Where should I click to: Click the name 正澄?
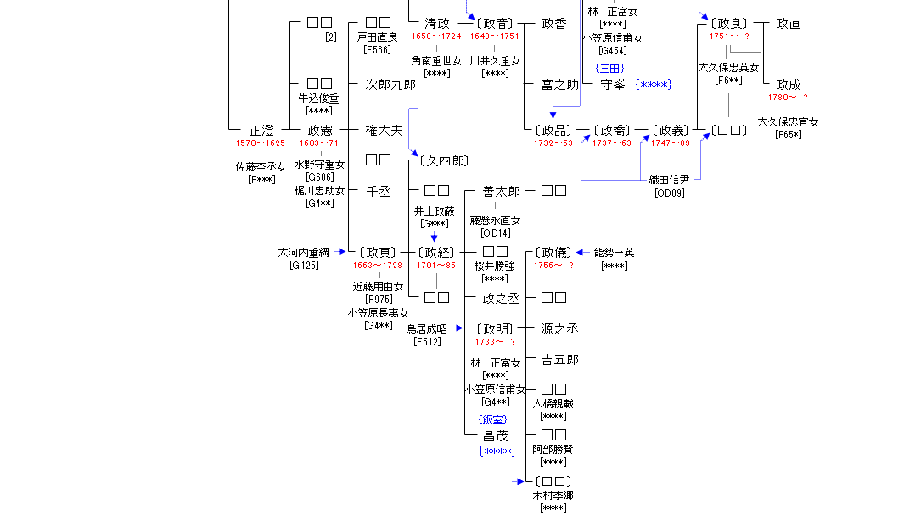[261, 131]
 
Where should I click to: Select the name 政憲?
[319, 131]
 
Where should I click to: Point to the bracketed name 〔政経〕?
[436, 252]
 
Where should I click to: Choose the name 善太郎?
[501, 192]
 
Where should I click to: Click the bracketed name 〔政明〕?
[494, 328]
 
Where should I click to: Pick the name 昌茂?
[496, 436]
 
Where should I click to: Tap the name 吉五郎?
[559, 360]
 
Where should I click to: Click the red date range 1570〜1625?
[261, 143]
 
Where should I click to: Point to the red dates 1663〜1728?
[378, 266]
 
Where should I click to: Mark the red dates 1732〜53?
[553, 143]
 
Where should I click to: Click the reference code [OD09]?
[669, 193]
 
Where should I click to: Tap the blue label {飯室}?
[493, 419]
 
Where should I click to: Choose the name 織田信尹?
[669, 180]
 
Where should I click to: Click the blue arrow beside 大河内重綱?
[341, 252]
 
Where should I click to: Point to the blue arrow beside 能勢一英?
[581, 252]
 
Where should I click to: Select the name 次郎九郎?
[390, 84]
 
